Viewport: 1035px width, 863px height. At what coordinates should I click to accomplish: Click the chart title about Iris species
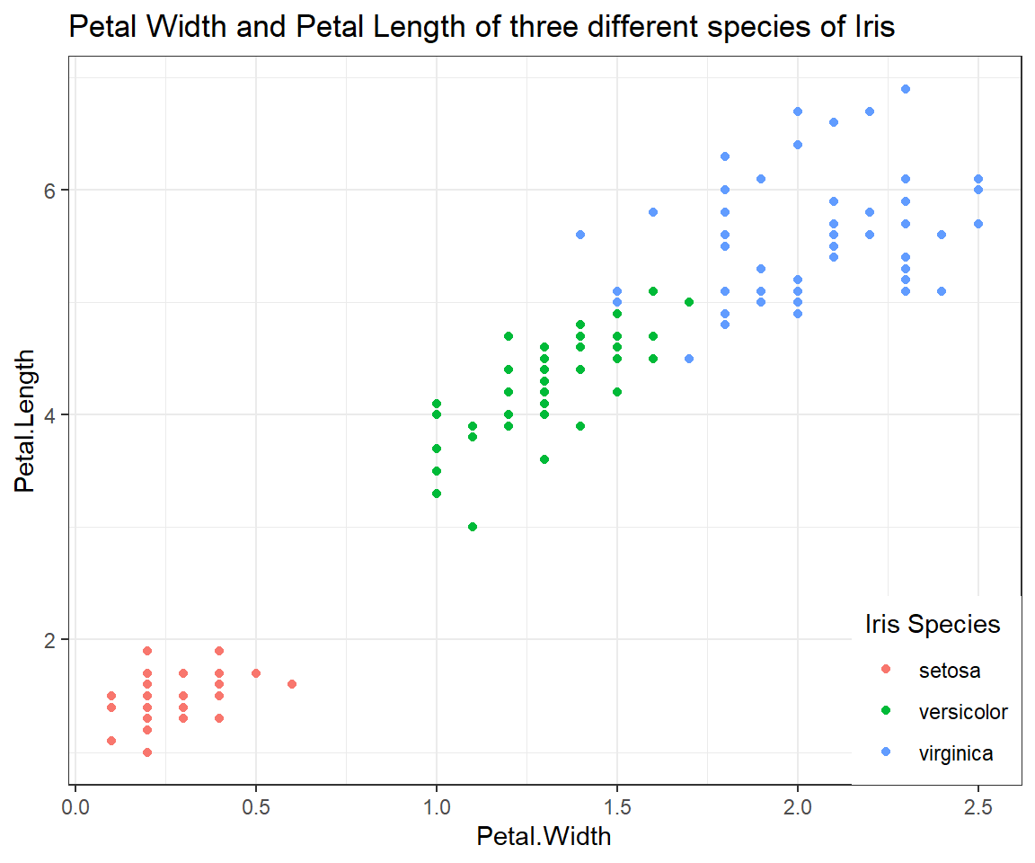[482, 28]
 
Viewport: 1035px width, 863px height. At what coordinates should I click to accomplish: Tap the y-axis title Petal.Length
[26, 421]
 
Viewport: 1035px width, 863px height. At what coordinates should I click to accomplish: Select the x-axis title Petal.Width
[544, 837]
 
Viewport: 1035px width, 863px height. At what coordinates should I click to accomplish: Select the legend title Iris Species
[932, 624]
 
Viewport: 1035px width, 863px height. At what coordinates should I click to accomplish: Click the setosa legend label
[949, 671]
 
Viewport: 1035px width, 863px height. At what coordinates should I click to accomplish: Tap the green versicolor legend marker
[886, 712]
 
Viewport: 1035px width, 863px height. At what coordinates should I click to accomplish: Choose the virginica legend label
[956, 753]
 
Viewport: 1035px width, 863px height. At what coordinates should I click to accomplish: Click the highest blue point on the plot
[906, 89]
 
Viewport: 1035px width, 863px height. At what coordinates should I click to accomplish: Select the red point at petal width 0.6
[292, 684]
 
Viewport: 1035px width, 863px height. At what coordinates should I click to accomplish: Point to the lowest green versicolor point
[473, 527]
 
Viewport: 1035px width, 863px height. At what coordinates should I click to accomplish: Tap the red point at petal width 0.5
[256, 673]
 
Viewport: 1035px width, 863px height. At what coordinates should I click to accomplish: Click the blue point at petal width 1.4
[580, 235]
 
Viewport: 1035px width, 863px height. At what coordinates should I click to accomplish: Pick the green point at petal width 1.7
[689, 302]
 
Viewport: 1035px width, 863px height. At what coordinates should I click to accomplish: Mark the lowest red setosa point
[147, 752]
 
